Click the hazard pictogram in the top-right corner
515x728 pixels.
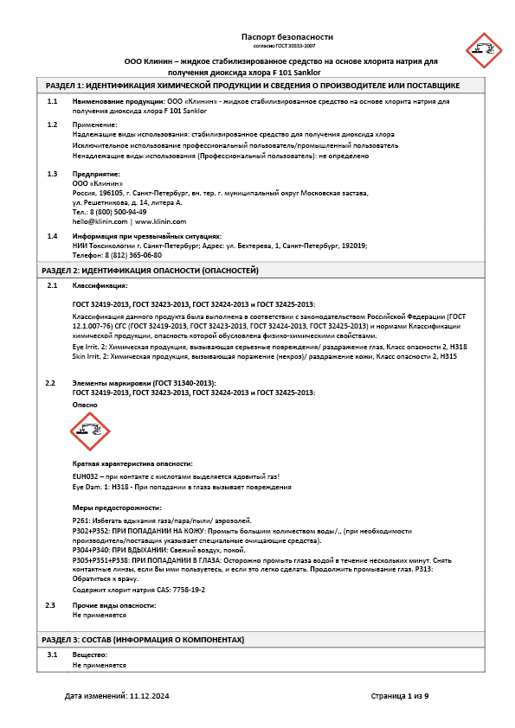click(483, 51)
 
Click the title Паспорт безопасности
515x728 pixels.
click(286, 37)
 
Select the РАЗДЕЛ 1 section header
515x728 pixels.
click(253, 86)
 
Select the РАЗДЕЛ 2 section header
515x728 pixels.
click(152, 271)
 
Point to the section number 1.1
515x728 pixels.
click(52, 101)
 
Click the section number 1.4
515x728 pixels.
click(52, 236)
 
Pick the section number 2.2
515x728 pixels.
click(51, 382)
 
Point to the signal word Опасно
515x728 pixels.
click(85, 405)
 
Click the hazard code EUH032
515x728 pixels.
click(87, 476)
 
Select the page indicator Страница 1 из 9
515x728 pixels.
click(400, 695)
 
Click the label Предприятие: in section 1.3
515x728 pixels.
click(96, 174)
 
